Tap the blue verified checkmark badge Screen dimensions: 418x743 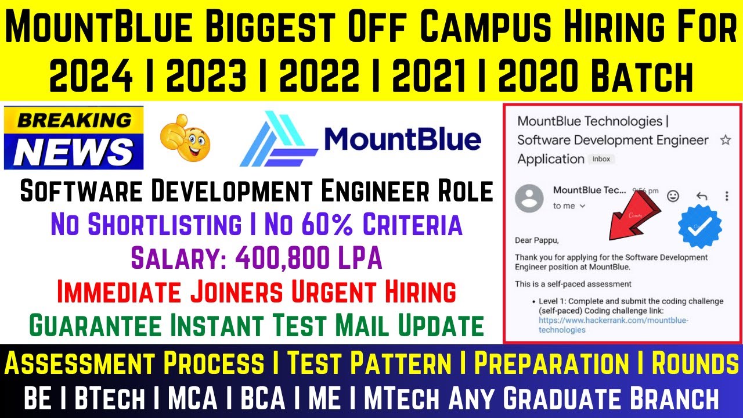click(x=699, y=226)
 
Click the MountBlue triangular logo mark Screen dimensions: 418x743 click(x=277, y=139)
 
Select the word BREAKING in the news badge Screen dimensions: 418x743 click(x=74, y=120)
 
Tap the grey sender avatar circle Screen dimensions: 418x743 click(x=529, y=199)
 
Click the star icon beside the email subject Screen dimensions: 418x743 click(x=725, y=140)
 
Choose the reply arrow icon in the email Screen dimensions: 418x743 click(x=701, y=196)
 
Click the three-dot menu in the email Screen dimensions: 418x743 click(x=726, y=196)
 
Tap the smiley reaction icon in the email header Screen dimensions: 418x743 click(x=673, y=196)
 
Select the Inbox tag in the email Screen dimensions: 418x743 click(x=601, y=159)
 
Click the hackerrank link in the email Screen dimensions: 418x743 click(x=605, y=325)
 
